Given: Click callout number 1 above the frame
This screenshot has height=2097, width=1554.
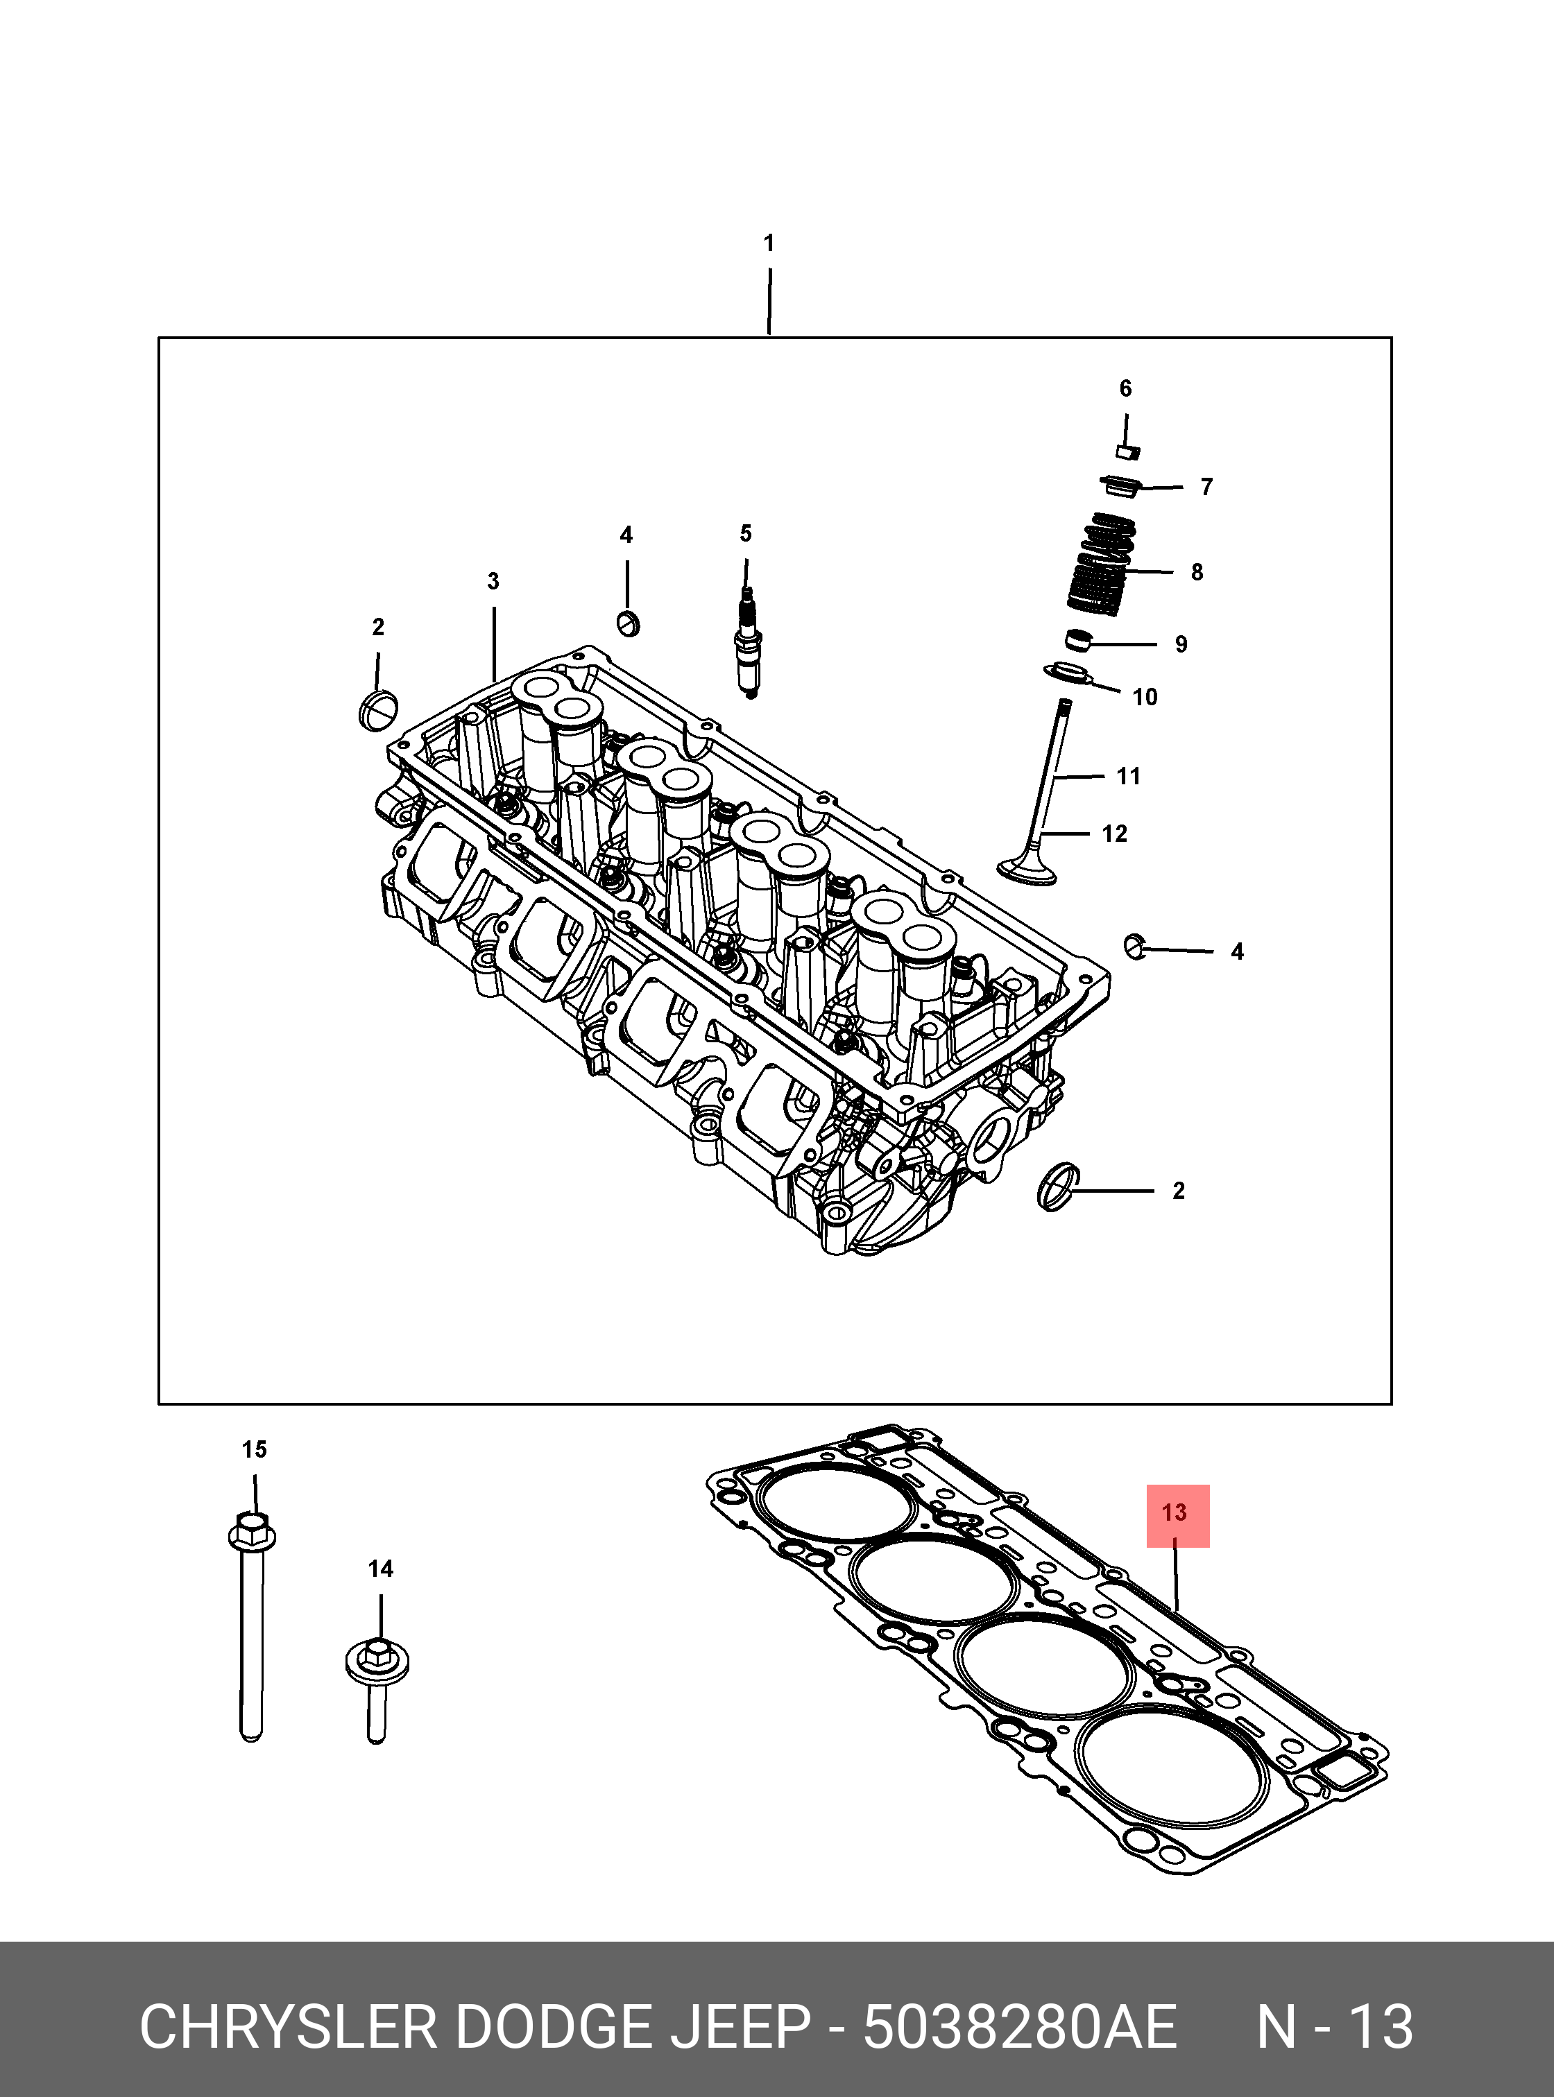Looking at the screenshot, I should (x=769, y=243).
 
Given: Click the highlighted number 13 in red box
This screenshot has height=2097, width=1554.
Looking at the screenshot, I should (x=1176, y=1513).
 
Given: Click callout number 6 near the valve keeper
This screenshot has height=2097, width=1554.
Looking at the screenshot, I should (x=1125, y=388).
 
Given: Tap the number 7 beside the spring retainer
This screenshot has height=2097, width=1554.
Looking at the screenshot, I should (x=1206, y=487).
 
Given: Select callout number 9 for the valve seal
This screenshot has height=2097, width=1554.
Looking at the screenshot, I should (x=1181, y=644).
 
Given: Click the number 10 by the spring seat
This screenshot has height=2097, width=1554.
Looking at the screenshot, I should (x=1145, y=697).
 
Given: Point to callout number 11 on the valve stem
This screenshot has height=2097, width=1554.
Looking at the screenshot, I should (x=1128, y=776).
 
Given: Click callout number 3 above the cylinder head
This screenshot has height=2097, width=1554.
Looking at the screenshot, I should (x=493, y=581).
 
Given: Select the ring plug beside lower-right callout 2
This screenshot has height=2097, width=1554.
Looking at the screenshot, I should (x=1058, y=1188).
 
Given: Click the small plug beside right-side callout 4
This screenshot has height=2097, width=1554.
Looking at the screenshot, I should (x=1136, y=946).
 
